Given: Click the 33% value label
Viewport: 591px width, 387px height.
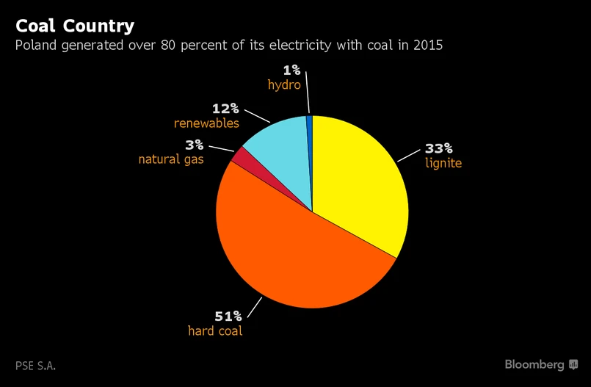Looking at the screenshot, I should pos(439,148).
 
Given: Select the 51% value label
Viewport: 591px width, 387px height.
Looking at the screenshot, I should pos(228,317).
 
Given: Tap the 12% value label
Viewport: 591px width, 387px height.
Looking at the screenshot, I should pos(225,109).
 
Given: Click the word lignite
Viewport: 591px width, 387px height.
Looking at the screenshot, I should pos(443,163).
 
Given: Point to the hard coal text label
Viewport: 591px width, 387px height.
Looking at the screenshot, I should pos(215,331).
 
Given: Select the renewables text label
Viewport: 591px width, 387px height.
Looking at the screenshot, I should pos(206,123).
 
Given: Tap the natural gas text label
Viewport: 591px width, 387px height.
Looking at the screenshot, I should pos(171,159).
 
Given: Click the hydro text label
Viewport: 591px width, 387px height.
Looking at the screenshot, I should pos(284,85).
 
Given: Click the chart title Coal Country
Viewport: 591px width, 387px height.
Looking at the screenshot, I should pos(75,26).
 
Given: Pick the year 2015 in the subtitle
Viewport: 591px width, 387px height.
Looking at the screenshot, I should pos(428,46).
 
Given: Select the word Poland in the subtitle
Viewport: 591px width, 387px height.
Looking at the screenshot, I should pos(36,46).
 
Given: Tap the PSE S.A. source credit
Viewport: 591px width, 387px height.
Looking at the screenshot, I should pos(36,365).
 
